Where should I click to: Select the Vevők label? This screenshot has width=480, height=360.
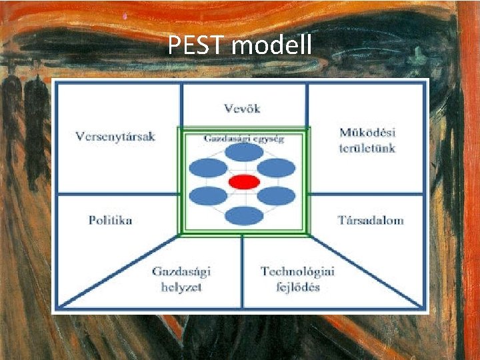(243, 108)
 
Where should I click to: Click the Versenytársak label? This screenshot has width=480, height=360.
(115, 137)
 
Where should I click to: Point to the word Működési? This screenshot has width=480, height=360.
(367, 133)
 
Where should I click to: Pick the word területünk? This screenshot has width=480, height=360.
(367, 147)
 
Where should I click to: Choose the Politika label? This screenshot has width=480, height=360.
(111, 220)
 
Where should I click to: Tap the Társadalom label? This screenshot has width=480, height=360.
(370, 220)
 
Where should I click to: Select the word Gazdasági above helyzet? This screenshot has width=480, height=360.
(181, 272)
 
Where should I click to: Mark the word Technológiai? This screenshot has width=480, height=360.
(297, 271)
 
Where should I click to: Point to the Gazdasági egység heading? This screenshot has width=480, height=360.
(243, 139)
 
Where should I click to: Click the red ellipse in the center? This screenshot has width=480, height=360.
(244, 181)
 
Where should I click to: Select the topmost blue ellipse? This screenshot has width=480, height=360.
(244, 153)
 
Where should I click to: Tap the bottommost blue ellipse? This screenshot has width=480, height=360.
(244, 215)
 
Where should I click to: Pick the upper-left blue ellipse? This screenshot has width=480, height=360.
(209, 166)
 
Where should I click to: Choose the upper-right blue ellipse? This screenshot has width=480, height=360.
(276, 166)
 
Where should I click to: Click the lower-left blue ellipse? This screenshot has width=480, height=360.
(209, 196)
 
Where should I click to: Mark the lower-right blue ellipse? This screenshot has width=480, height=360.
(276, 196)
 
